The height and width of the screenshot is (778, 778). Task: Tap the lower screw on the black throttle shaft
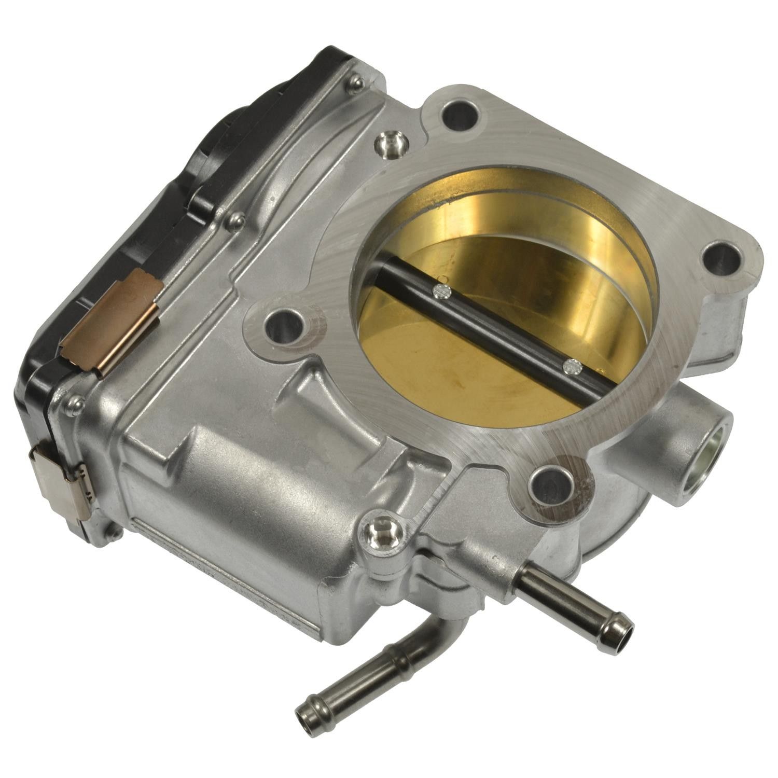click(572, 366)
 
